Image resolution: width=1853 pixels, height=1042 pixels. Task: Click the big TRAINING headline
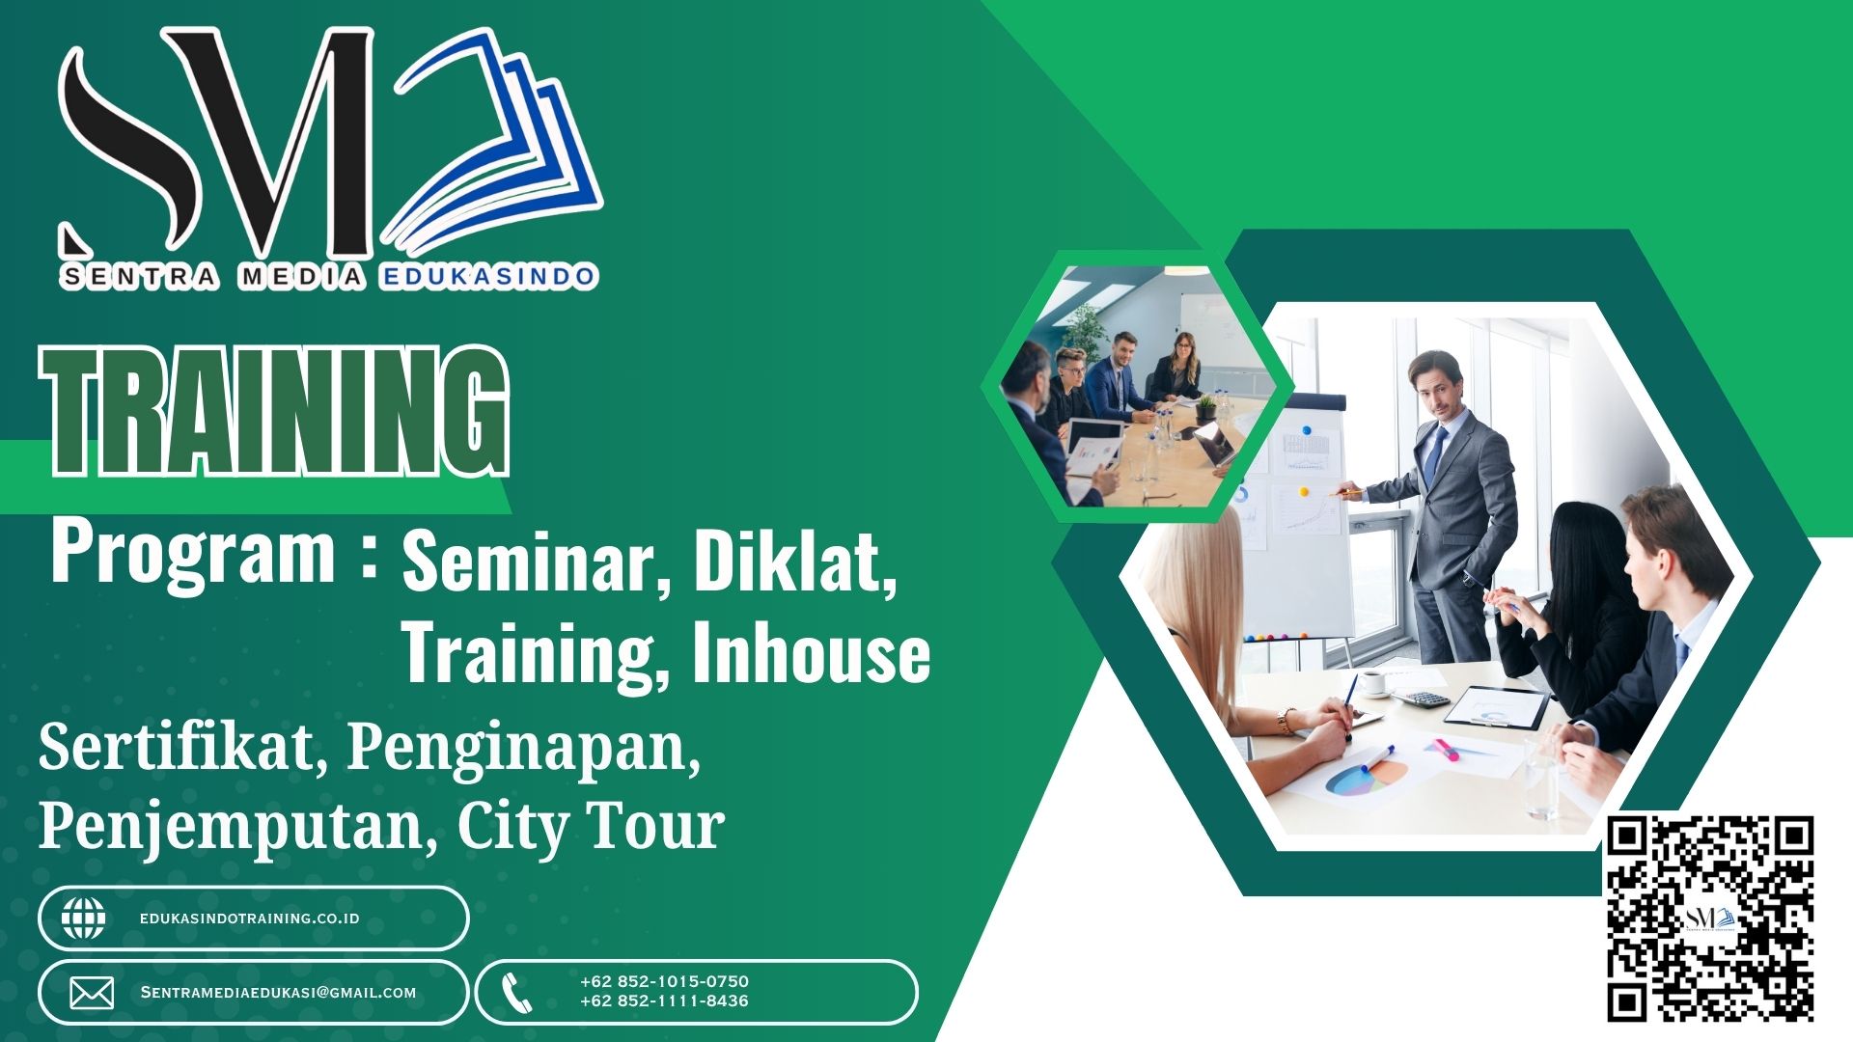tap(275, 412)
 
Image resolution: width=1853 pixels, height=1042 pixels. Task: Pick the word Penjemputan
tap(232, 826)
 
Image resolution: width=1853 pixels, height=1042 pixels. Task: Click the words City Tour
tap(591, 826)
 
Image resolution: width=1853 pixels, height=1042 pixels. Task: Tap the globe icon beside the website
tap(84, 919)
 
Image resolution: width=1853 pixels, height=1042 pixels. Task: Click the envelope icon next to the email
tap(92, 993)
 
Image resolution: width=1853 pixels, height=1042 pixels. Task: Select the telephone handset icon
tap(517, 993)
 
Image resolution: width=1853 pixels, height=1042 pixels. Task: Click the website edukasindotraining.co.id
tap(250, 919)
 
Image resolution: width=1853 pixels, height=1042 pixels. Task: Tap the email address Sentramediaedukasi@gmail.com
tap(278, 992)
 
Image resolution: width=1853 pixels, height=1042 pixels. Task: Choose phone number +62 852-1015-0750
tap(664, 981)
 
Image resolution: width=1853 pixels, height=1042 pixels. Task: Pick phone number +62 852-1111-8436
tap(664, 1001)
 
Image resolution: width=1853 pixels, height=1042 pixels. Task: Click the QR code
tap(1710, 919)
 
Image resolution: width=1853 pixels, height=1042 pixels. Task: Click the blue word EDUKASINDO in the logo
tap(488, 277)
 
